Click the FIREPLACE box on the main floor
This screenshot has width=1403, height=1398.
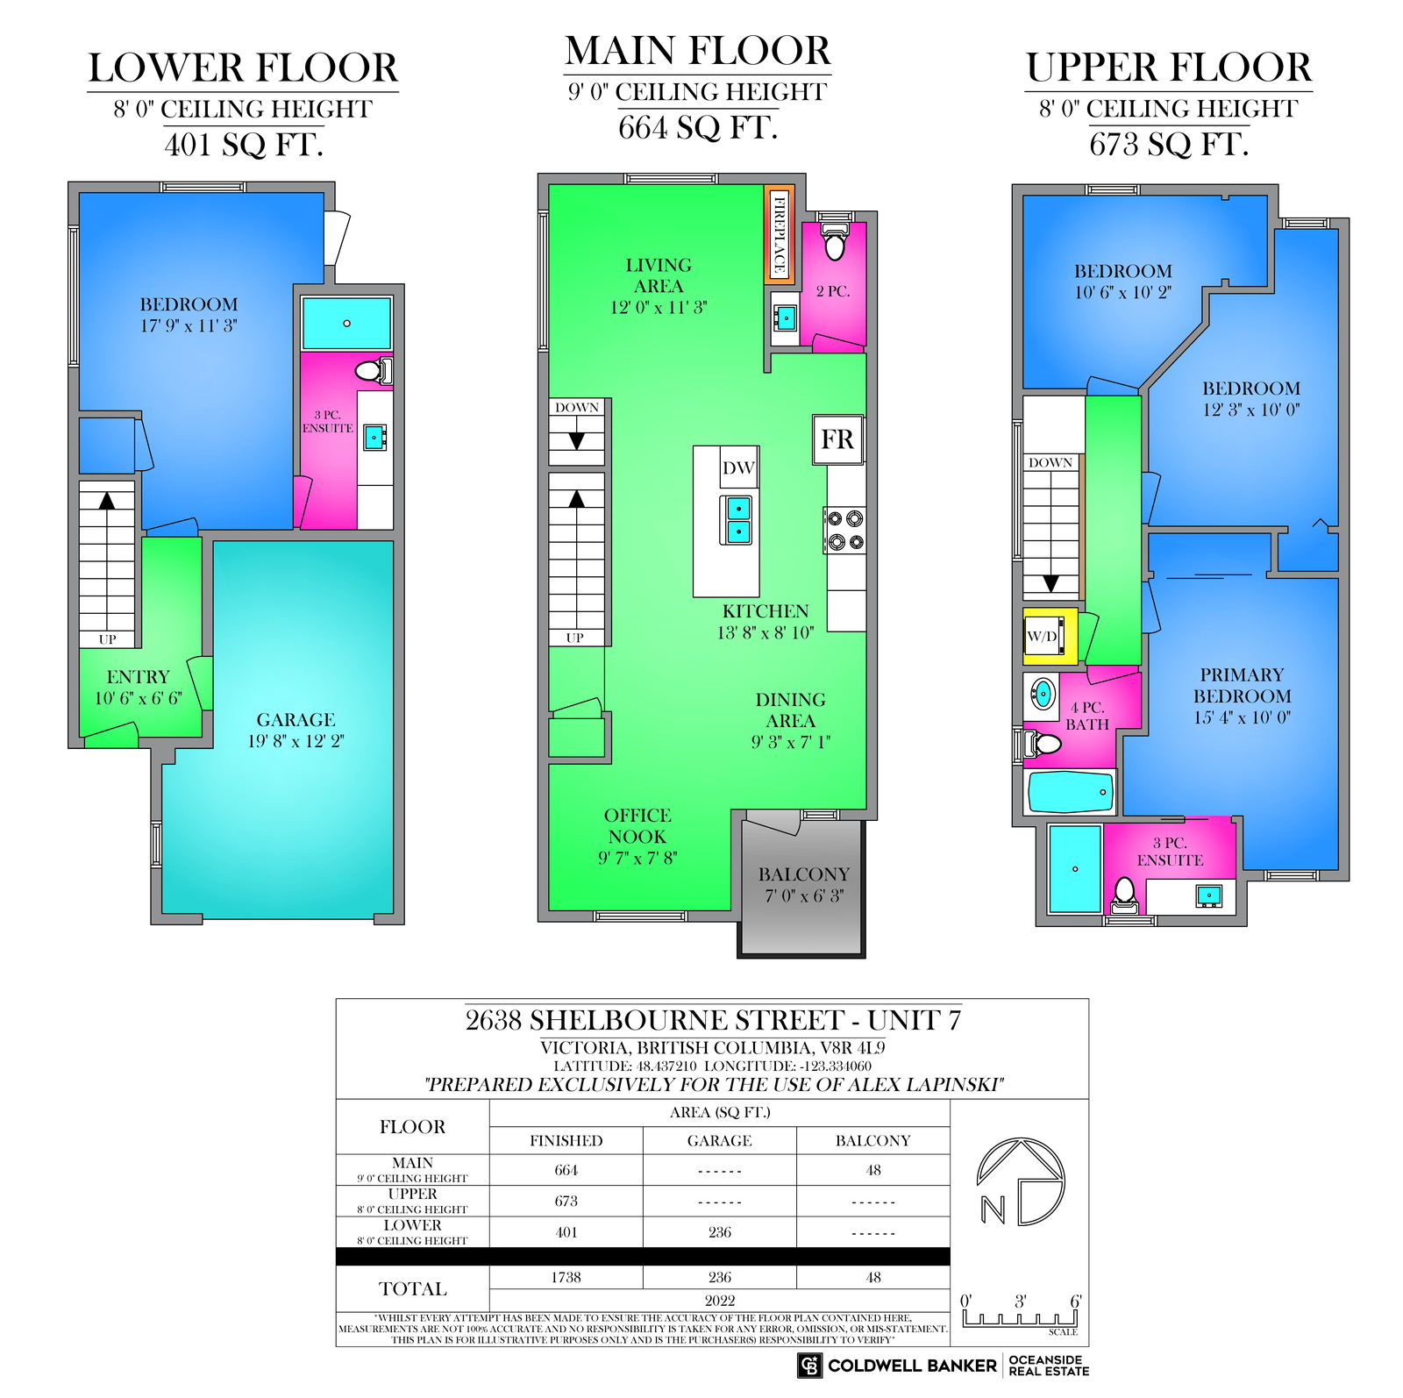coord(779,233)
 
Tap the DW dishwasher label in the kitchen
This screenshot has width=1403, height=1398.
coord(738,467)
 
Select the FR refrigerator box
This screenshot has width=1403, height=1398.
coord(837,439)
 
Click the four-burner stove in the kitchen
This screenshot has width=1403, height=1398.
coord(845,530)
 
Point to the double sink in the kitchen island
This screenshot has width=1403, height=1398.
coord(738,519)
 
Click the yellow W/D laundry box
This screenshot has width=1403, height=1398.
coord(1050,636)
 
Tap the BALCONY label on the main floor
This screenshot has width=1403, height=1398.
coord(804,874)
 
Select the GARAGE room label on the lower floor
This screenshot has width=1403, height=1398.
coord(296,720)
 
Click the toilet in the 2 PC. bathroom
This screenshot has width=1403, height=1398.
coord(834,241)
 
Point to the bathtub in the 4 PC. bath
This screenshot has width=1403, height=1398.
coord(1071,792)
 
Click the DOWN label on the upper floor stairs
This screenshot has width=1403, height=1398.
coord(1050,462)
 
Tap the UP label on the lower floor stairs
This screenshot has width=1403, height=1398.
coord(107,639)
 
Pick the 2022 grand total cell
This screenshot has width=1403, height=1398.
coord(719,1301)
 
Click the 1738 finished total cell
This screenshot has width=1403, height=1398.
coord(566,1278)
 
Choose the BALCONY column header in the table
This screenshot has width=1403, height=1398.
coord(872,1141)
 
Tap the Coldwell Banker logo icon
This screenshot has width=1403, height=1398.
coord(809,1366)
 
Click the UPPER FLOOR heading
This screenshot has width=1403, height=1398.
coord(1169,68)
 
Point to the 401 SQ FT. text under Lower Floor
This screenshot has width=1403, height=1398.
coord(244,145)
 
